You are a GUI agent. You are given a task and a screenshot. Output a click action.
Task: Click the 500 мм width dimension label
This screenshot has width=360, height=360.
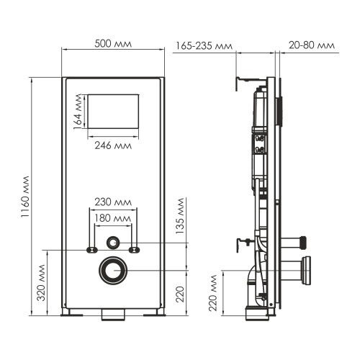pos(113,42)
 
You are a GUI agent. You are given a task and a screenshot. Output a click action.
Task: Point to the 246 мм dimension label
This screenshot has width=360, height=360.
pos(113,145)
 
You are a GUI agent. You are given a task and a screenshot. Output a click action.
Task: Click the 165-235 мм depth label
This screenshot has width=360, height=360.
pos(204,47)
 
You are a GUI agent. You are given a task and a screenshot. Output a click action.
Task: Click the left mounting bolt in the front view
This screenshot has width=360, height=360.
pos(92,250)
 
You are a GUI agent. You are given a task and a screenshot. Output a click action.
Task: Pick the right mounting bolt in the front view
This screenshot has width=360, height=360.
pos(134,250)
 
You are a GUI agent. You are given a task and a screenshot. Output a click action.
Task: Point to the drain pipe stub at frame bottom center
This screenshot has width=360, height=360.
pos(113,315)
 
